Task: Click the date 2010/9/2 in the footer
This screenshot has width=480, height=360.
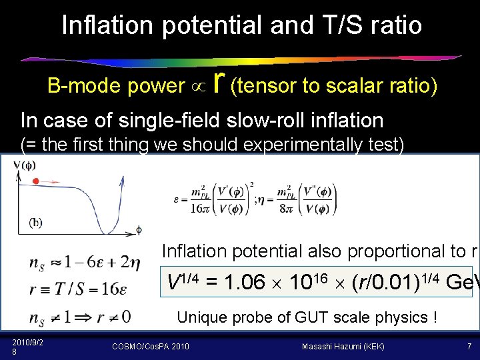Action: pyautogui.click(x=25, y=342)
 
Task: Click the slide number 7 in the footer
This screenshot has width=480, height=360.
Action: pyautogui.click(x=469, y=346)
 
